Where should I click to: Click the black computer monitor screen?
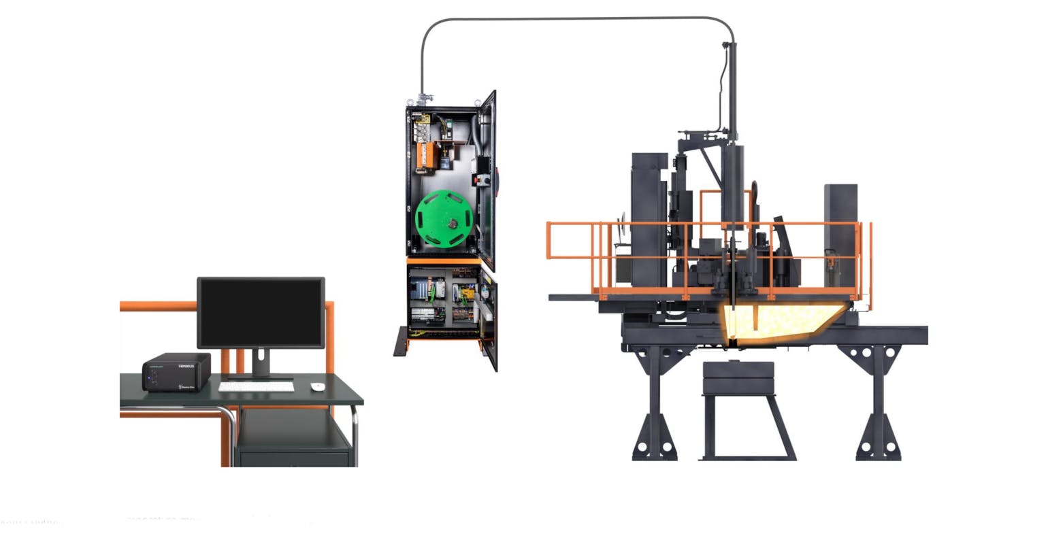coord(261,312)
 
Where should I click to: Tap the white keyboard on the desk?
coord(257,386)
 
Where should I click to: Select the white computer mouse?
coord(317,387)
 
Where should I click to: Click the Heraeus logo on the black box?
coord(186,366)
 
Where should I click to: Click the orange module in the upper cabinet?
coord(426,153)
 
